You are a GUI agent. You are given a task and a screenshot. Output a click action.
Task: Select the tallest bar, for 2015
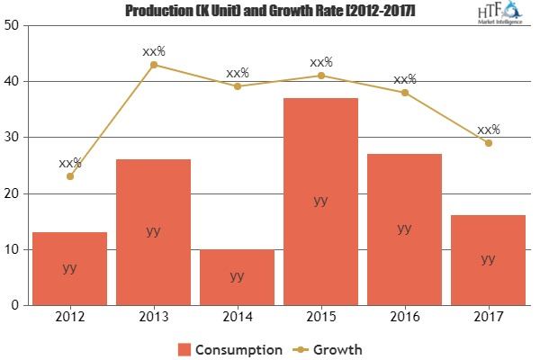point(320,202)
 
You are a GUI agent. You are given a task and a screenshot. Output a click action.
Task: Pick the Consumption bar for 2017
point(488,260)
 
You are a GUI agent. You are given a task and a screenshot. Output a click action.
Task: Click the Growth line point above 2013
point(153,65)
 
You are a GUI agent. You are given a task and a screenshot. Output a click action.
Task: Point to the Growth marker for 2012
point(69,176)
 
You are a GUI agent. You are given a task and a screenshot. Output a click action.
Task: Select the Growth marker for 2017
point(488,143)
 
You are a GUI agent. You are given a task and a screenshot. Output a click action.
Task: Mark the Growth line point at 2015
point(320,76)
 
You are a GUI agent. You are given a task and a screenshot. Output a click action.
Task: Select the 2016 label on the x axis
point(404,317)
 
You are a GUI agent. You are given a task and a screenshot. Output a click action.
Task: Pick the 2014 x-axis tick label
point(237,317)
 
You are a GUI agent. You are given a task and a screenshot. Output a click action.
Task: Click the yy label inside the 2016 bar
point(404,229)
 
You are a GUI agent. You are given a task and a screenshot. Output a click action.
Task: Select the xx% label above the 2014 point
point(237,73)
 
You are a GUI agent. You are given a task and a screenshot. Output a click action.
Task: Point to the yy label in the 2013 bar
point(153,231)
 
